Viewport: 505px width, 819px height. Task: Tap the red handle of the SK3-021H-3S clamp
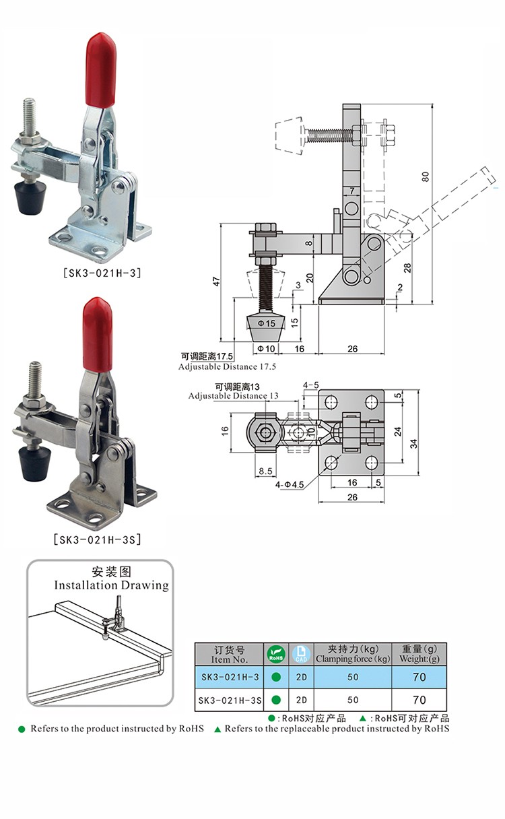pos(98,334)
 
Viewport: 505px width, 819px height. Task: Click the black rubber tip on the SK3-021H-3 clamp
pos(30,199)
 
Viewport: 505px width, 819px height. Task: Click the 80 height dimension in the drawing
pos(425,176)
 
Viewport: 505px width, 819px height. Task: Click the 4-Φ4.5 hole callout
pos(290,484)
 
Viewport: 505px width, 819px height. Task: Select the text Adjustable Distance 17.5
pos(227,366)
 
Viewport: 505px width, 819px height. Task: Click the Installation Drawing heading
pos(111,585)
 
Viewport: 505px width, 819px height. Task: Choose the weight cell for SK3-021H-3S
pos(419,700)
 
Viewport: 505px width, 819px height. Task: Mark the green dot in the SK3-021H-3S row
pos(276,700)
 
